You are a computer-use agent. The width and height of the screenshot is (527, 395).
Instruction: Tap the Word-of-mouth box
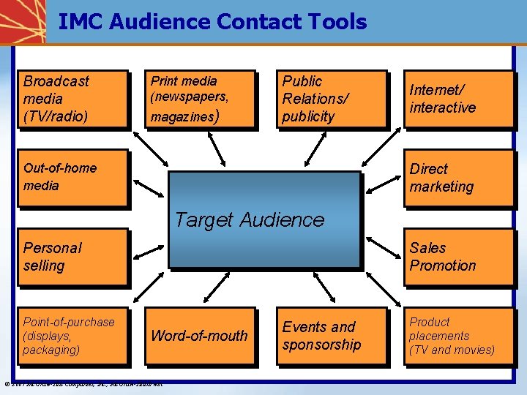pyautogui.click(x=201, y=336)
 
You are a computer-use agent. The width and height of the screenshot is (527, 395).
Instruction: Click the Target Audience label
pyautogui.click(x=249, y=219)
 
